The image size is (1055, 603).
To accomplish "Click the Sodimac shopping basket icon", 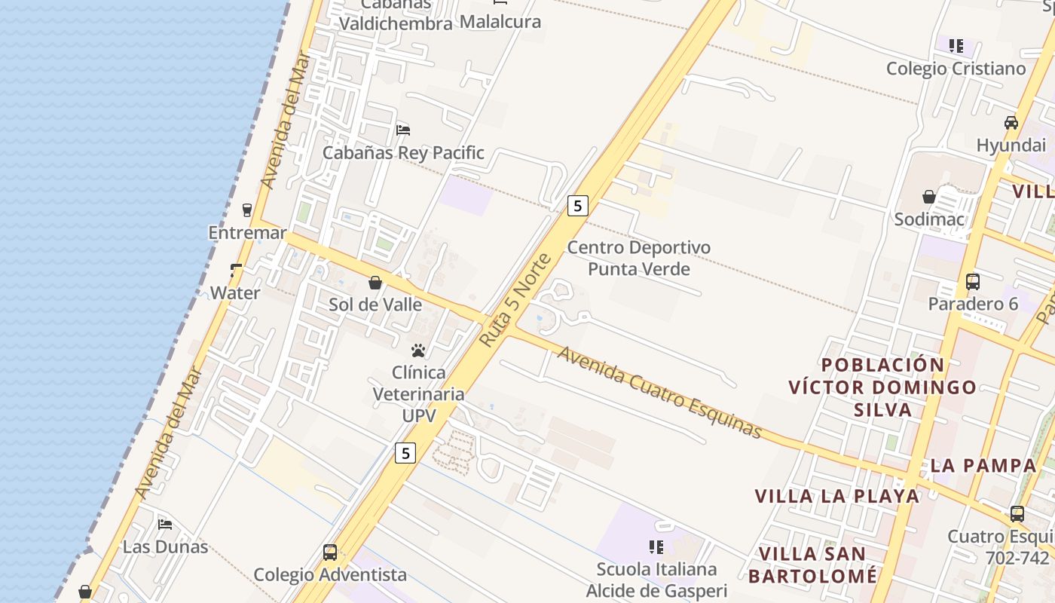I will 929,197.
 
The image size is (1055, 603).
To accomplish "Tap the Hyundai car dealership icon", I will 1011,122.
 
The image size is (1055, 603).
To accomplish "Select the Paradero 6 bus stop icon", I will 973,282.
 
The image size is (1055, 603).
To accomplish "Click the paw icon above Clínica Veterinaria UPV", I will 418,350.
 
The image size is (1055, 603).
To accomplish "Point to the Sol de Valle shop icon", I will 375,283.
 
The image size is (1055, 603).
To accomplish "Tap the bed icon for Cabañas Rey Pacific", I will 403,130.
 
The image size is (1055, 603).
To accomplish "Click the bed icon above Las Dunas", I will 165,524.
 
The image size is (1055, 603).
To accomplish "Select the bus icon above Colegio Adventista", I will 330,552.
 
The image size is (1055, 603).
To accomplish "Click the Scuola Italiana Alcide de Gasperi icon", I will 656,546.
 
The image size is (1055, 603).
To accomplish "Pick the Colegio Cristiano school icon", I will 956,46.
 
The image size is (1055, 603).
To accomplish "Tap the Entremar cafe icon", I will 247,210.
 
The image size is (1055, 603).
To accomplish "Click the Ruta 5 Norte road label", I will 516,301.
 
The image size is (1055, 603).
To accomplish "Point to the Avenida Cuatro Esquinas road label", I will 660,393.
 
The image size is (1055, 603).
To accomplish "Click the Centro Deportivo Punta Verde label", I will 639,258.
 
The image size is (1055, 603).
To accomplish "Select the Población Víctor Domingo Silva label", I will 882,387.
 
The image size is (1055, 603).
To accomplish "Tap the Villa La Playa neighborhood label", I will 837,496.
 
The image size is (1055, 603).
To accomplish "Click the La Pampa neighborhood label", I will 983,465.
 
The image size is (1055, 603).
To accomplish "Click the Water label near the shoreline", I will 235,293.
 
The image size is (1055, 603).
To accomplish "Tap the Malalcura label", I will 500,22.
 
